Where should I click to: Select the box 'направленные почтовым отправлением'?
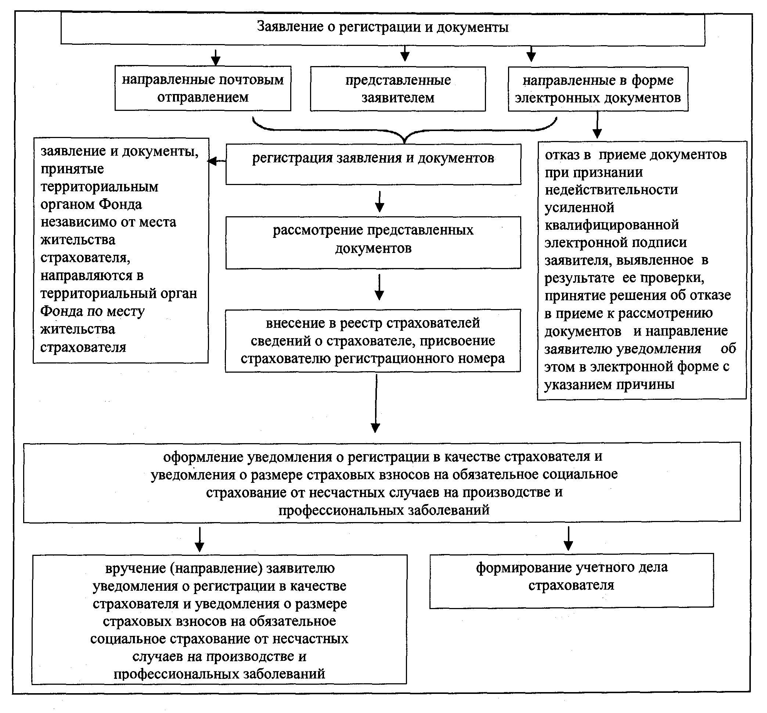[202, 89]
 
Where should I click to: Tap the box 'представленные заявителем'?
[398, 89]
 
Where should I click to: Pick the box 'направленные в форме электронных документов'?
[598, 89]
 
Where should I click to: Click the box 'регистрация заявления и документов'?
[373, 164]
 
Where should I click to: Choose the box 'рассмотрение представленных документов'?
[373, 242]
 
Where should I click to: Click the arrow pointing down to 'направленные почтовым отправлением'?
[216, 57]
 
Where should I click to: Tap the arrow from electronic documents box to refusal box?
[597, 125]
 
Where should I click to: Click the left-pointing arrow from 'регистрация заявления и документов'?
[216, 161]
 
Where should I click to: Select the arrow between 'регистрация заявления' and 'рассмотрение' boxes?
[379, 201]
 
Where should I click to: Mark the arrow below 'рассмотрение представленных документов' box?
[379, 287]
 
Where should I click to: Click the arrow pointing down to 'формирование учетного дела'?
[568, 538]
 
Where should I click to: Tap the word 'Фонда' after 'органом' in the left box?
[120, 205]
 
